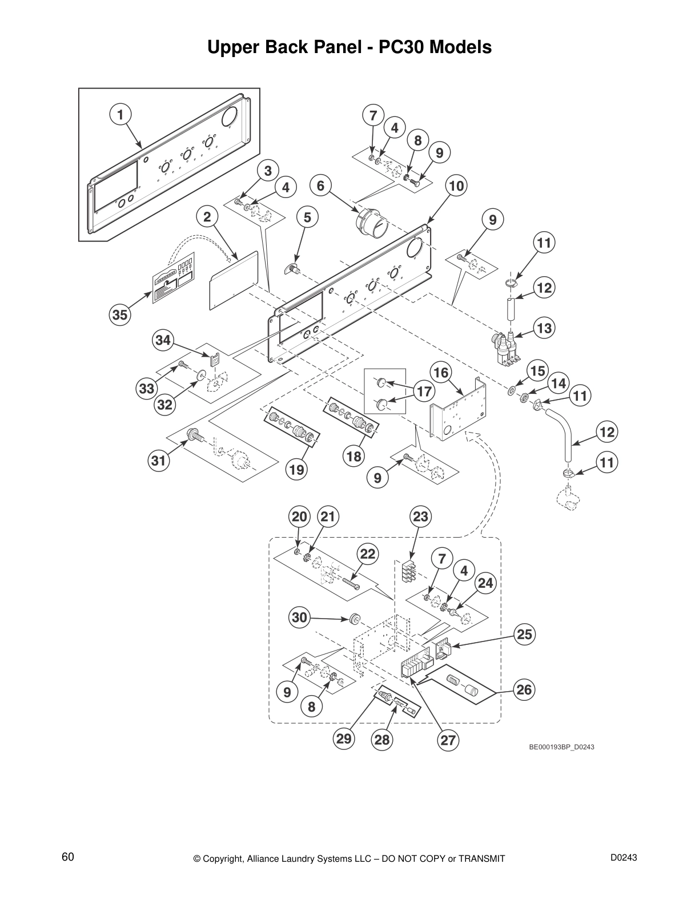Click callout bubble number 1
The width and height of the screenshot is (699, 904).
[x=120, y=114]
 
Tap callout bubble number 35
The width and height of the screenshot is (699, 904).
[x=119, y=315]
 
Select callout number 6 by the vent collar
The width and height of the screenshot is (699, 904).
[x=320, y=185]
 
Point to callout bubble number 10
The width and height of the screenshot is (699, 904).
[x=456, y=185]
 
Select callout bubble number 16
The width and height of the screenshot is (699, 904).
[x=440, y=373]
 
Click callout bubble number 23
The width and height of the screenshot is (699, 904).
[x=420, y=517]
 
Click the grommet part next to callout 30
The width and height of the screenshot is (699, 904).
[x=354, y=618]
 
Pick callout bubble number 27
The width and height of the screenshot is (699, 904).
[x=448, y=740]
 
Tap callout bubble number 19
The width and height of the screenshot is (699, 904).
[x=296, y=470]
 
